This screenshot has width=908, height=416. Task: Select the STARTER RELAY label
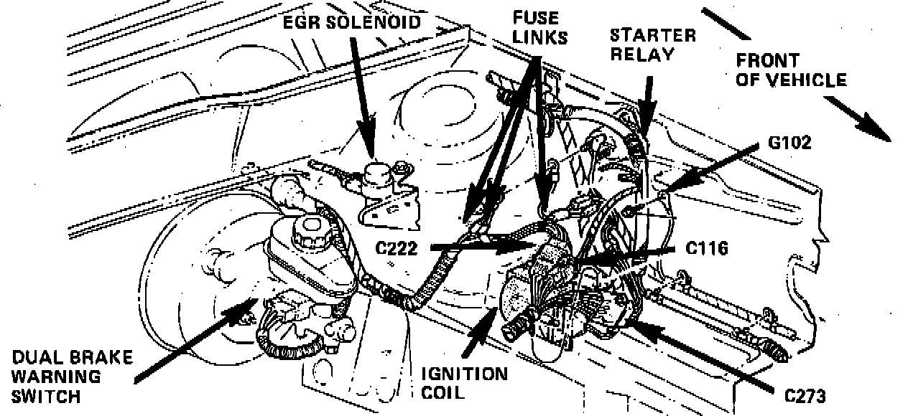coord(652,44)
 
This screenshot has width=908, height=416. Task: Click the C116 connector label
coord(707,248)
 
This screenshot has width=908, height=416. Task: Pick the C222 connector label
coord(402,247)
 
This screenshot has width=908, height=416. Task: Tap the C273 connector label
coord(805,395)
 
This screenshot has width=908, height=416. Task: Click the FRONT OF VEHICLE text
coord(790,70)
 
